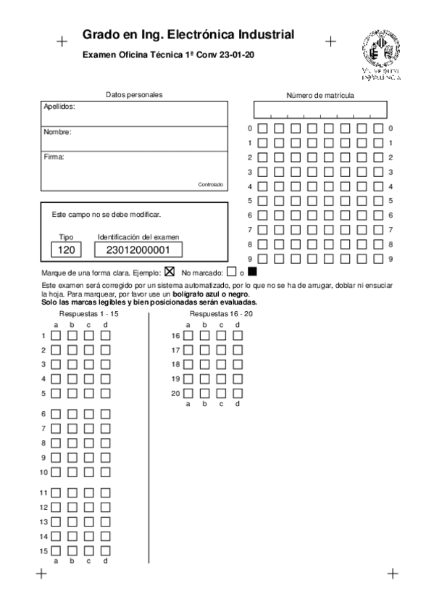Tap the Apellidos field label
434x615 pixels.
(x=59, y=106)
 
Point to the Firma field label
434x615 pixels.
(x=54, y=157)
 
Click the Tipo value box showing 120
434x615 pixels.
(x=67, y=249)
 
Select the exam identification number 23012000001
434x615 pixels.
(x=138, y=249)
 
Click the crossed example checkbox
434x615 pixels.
(x=170, y=273)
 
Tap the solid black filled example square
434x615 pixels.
(x=252, y=273)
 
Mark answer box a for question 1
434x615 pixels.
(x=56, y=336)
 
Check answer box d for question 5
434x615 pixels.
(x=105, y=393)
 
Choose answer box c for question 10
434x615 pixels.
(x=88, y=472)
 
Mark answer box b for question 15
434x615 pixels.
(x=72, y=551)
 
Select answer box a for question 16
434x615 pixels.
(x=188, y=336)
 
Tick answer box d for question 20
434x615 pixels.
(x=238, y=393)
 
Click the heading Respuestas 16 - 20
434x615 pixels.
(x=221, y=314)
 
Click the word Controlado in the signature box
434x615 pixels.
(x=211, y=185)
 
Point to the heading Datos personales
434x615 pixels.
(x=134, y=94)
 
